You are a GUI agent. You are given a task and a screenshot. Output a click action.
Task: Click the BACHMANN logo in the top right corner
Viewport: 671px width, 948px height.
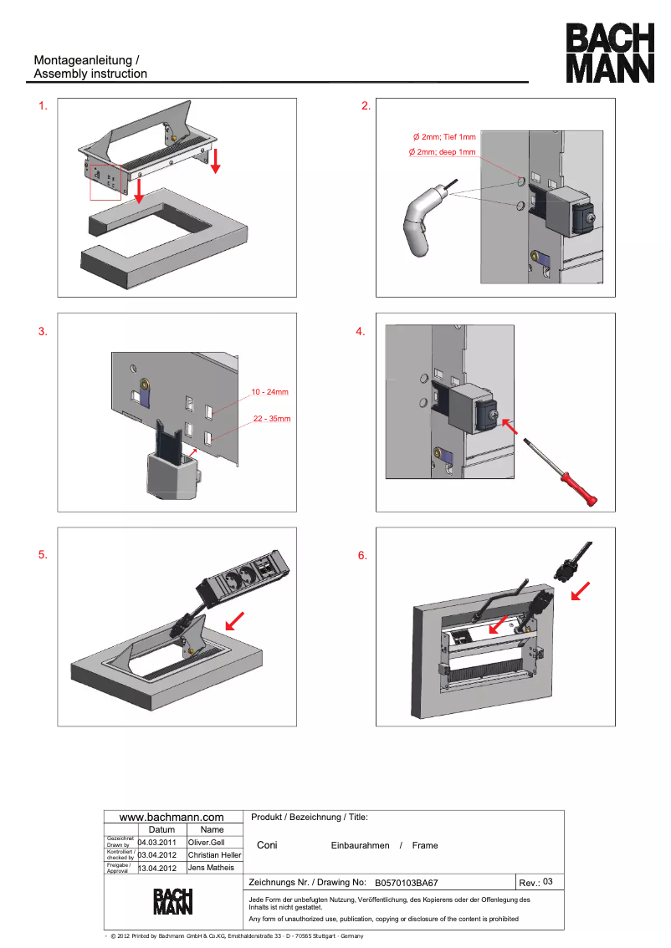click(x=609, y=53)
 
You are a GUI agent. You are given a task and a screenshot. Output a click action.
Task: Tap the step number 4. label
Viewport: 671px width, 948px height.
click(x=361, y=332)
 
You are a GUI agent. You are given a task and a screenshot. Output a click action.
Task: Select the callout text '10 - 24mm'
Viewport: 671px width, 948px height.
click(x=269, y=391)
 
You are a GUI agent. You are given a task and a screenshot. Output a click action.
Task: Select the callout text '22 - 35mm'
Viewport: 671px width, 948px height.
click(x=271, y=418)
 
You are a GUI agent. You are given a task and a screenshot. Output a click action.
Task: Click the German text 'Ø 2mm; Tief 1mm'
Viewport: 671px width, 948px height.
click(x=443, y=136)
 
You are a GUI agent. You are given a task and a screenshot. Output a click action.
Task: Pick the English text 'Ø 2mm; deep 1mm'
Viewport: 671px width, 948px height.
click(x=441, y=152)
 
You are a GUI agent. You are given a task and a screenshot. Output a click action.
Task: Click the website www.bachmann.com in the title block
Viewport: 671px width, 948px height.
click(x=172, y=817)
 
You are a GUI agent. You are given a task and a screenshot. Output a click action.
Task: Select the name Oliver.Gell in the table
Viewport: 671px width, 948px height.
click(x=206, y=842)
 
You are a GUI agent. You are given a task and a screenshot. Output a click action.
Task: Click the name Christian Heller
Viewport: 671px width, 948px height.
click(x=214, y=855)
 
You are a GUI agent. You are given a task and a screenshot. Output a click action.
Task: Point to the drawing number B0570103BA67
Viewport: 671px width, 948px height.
click(x=406, y=883)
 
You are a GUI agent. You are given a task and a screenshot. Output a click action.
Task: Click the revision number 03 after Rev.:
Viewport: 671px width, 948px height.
click(x=548, y=882)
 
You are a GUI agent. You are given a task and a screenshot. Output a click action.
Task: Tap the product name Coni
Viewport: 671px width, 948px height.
click(x=267, y=845)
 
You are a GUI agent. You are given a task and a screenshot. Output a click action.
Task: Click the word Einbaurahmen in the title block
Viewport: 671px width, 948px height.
click(x=360, y=845)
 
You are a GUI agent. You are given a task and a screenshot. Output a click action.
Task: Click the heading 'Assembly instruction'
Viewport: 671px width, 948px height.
click(x=90, y=74)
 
